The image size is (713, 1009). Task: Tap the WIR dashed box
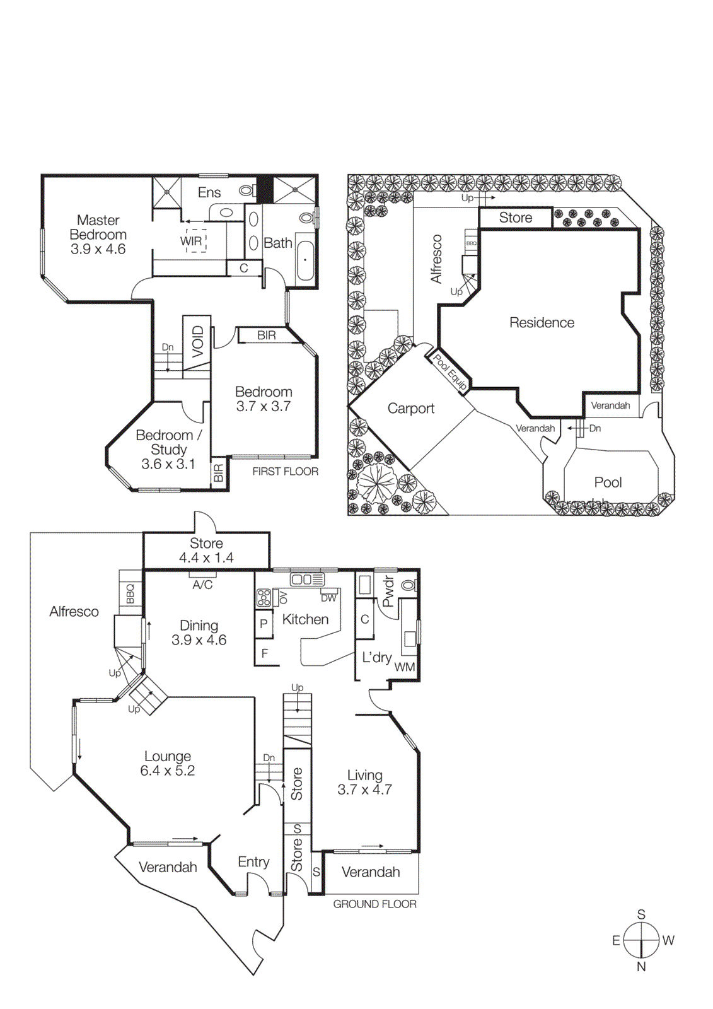point(195,241)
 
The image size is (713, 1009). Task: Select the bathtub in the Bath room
point(305,260)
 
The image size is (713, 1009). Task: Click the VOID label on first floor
point(198,341)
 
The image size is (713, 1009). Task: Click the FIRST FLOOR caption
point(285,472)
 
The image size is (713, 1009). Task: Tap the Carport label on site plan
point(410,409)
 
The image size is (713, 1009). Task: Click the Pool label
point(608,482)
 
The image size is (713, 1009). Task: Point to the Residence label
point(542,323)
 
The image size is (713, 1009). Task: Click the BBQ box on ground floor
point(130,593)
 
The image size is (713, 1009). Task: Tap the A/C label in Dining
point(202,585)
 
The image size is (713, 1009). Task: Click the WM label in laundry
point(404,667)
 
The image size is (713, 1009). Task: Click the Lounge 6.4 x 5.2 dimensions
point(167,771)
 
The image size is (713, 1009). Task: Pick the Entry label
point(253,862)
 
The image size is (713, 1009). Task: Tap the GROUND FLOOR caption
point(374,904)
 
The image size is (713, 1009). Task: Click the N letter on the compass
point(641,967)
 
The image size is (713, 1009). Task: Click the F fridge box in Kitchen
point(264,653)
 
